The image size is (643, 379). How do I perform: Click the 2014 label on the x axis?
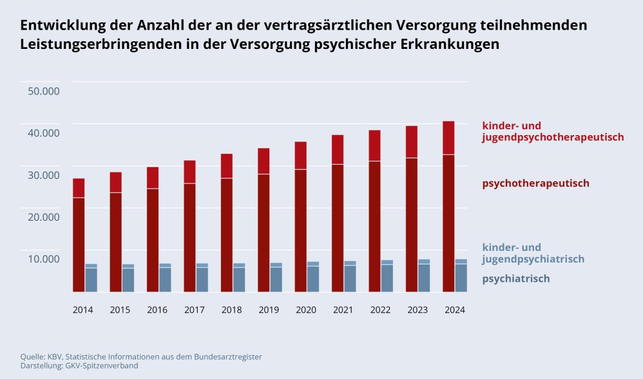tap(82, 310)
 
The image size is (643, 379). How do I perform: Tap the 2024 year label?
tap(455, 310)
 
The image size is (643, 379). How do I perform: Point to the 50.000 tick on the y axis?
tap(44, 91)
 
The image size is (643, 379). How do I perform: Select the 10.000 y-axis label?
tap(44, 259)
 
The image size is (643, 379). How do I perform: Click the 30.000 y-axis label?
tap(44, 175)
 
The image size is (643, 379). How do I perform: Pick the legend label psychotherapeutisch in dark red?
tap(535, 183)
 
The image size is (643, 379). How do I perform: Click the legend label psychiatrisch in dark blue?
tap(515, 279)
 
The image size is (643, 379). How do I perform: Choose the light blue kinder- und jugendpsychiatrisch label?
tap(533, 253)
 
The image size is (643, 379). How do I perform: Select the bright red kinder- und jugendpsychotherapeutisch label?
tap(553, 131)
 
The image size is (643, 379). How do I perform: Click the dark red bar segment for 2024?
tap(448, 222)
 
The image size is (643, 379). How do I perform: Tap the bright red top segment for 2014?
tap(79, 188)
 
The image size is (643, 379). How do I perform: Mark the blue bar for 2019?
tap(276, 278)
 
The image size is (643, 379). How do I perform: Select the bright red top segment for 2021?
tap(337, 149)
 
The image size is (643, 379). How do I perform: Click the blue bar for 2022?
tap(387, 277)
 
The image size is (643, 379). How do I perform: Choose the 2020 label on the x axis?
tap(306, 310)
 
